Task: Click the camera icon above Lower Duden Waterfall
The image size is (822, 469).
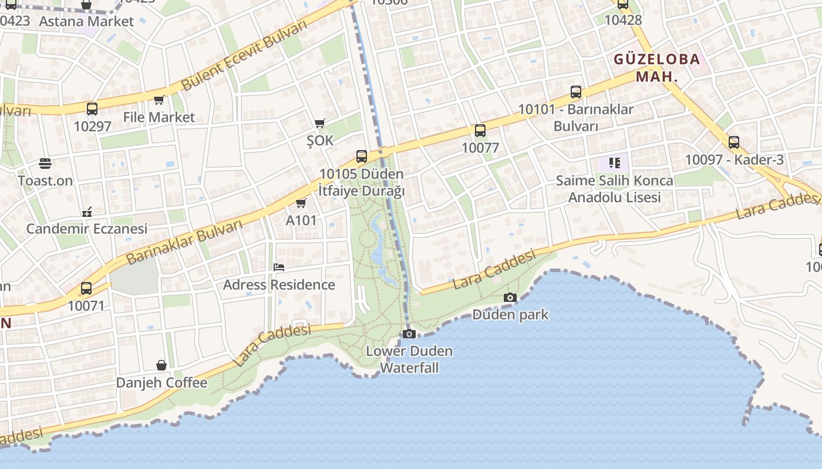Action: click(409, 334)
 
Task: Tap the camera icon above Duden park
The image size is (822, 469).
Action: click(510, 297)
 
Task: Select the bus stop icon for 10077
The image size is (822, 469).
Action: click(480, 131)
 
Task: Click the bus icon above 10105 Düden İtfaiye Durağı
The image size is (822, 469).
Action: click(362, 157)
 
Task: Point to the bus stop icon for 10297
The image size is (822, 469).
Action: click(92, 108)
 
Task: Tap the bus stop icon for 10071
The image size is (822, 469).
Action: click(86, 288)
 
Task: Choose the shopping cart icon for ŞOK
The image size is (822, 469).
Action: click(319, 123)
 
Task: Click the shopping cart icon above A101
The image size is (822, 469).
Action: click(301, 203)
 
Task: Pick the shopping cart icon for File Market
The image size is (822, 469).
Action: click(159, 100)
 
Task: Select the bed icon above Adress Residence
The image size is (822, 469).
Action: click(279, 267)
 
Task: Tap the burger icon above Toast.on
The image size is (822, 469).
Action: click(45, 163)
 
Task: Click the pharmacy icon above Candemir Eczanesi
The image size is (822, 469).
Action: click(87, 212)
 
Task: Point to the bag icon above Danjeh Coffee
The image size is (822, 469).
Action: click(161, 365)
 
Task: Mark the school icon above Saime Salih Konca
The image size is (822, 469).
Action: click(615, 162)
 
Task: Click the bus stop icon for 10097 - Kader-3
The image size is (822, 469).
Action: click(734, 142)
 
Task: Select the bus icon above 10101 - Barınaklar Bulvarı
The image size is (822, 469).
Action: click(576, 92)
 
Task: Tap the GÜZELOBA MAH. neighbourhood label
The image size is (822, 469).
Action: click(657, 67)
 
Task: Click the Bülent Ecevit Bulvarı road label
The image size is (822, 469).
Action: click(244, 56)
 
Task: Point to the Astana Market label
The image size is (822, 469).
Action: click(86, 22)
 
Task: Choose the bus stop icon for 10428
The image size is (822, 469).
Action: click(623, 5)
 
